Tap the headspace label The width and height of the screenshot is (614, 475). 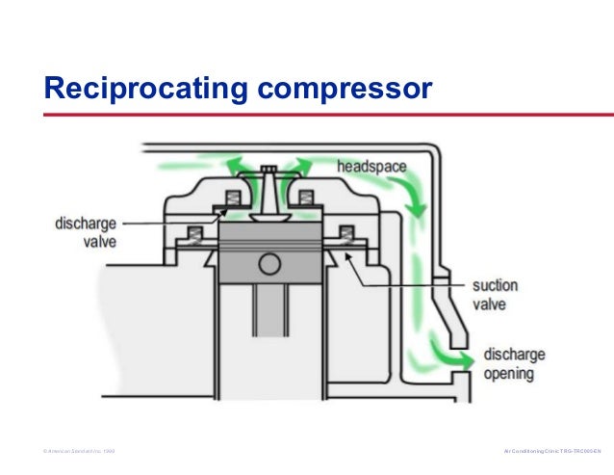click(x=371, y=167)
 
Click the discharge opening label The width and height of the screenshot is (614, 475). click(x=514, y=363)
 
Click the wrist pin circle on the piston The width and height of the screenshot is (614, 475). click(x=269, y=263)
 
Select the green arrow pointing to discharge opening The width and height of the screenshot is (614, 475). click(x=458, y=358)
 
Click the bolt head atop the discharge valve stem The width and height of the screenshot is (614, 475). click(x=269, y=170)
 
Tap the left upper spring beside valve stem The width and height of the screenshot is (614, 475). click(x=230, y=199)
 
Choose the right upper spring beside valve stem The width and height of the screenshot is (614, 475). click(x=307, y=199)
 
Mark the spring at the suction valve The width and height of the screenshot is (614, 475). click(x=347, y=234)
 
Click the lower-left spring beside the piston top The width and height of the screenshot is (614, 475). click(x=192, y=234)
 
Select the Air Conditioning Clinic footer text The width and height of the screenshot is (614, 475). click(x=551, y=451)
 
